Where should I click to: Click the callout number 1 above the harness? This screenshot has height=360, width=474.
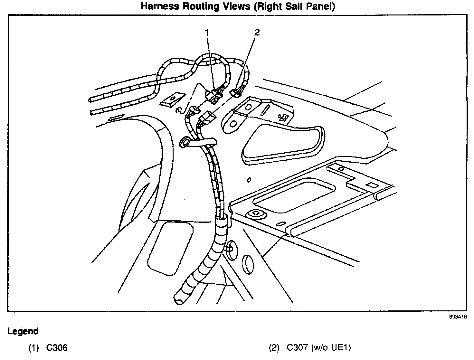(207, 33)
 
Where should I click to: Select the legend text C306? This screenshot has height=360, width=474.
(57, 348)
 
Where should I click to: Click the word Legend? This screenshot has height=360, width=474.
(23, 331)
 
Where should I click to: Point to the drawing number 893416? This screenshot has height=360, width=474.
(458, 317)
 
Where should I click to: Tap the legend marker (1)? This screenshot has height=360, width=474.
(33, 348)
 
